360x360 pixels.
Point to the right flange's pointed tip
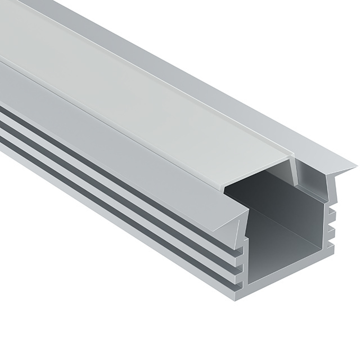point(355,166)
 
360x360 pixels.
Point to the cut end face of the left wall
point(245,253)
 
